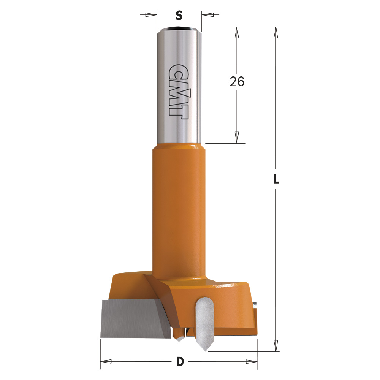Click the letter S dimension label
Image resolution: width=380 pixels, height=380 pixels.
click(x=179, y=16)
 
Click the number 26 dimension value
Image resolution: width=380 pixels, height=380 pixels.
click(x=237, y=81)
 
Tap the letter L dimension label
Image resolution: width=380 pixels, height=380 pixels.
click(x=276, y=179)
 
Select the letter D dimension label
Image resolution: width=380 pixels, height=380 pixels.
click(x=180, y=362)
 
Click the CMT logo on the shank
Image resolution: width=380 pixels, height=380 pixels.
click(x=179, y=92)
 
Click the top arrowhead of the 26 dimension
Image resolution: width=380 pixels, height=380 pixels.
click(x=237, y=32)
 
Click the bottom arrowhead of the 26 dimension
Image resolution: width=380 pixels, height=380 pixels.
click(x=237, y=138)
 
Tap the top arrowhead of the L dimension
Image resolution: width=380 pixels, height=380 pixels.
click(x=275, y=32)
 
